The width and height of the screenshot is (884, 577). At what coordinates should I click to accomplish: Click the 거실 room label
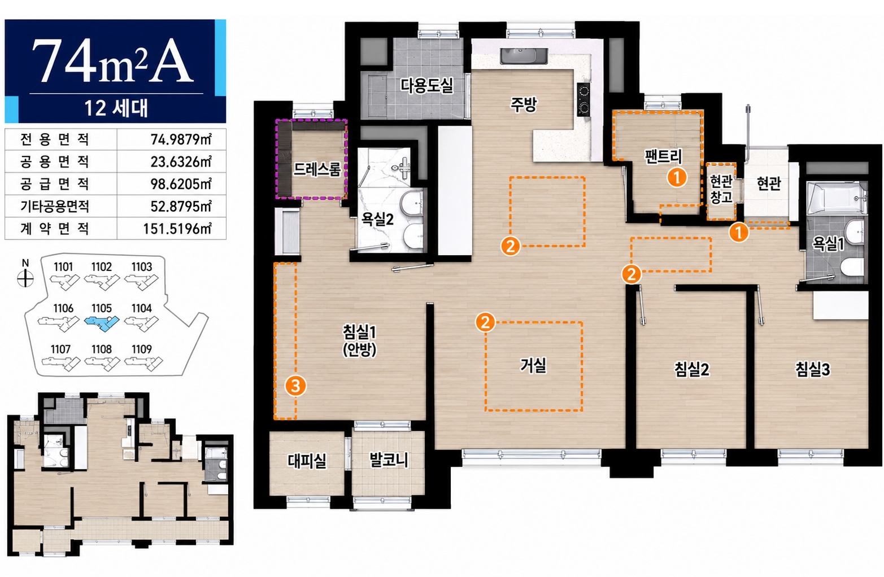[x=533, y=365]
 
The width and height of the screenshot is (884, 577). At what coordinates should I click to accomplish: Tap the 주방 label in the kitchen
[x=524, y=104]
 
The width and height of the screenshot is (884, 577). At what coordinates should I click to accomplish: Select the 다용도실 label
[x=426, y=85]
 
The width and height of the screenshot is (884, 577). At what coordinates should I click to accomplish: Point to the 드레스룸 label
[x=317, y=169]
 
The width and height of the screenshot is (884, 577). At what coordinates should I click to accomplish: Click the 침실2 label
[x=691, y=370]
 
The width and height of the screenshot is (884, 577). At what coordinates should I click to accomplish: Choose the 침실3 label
[x=812, y=370]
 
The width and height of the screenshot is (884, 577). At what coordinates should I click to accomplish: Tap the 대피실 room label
[x=307, y=461]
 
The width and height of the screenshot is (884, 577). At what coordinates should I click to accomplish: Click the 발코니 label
[x=388, y=460]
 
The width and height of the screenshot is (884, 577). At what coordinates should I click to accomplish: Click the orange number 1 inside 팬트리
[x=677, y=177]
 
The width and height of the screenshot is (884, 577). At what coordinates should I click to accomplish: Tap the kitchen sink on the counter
[x=523, y=56]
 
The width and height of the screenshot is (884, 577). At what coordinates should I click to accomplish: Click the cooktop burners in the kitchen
[x=583, y=100]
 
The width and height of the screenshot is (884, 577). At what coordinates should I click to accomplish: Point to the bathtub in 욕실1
[x=836, y=198]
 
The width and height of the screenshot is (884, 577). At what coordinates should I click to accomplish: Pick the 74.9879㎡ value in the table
[x=181, y=139]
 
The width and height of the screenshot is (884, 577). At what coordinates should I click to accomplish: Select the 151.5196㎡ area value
[x=177, y=229]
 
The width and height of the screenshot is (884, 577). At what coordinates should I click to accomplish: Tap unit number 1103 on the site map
[x=142, y=267]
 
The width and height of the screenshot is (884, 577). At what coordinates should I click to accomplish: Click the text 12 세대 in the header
[x=116, y=108]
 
